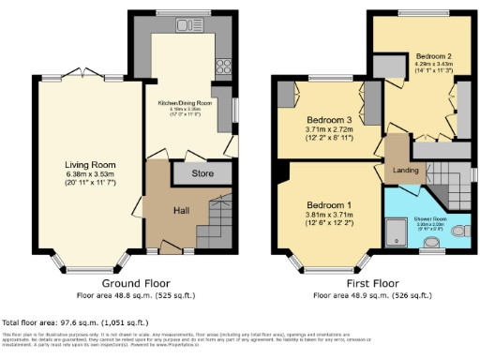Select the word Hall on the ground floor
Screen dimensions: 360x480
click(184, 210)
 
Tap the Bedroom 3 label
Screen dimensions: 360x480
click(328, 120)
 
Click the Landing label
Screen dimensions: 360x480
click(404, 170)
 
